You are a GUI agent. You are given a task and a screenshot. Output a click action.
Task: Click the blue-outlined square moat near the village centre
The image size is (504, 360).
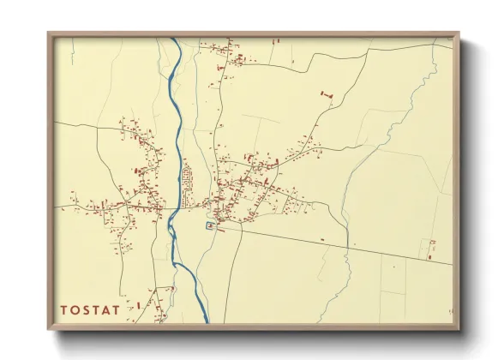tap(210, 225)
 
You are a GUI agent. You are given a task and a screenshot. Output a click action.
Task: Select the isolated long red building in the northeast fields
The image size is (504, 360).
tap(326, 93)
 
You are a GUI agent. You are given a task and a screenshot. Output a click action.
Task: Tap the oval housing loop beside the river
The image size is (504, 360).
tap(187, 181)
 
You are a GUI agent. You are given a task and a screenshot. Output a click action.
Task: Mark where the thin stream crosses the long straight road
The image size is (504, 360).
tap(350, 246)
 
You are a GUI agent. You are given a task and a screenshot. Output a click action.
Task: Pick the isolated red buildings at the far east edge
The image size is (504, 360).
tap(432, 249)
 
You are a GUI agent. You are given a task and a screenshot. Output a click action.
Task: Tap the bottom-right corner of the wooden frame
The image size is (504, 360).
tap(459, 328)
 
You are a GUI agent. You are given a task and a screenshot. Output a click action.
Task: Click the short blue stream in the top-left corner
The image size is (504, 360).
tap(75, 45)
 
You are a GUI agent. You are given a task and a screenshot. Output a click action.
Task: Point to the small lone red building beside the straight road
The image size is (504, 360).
tap(321, 238)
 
